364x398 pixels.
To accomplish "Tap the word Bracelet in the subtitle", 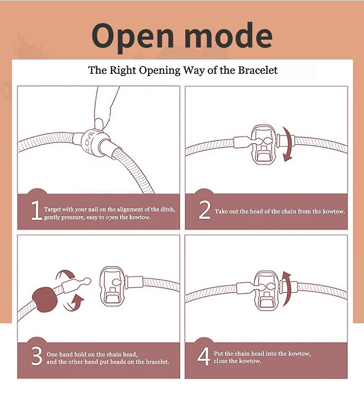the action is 258,70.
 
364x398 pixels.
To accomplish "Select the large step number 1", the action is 36,210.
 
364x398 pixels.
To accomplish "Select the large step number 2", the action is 204,210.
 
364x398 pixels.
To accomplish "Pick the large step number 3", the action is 37,356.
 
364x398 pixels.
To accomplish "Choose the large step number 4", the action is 204,357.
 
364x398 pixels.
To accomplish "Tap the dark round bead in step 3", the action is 45,300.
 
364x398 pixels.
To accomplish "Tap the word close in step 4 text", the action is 220,361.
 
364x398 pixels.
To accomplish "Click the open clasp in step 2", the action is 263,145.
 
